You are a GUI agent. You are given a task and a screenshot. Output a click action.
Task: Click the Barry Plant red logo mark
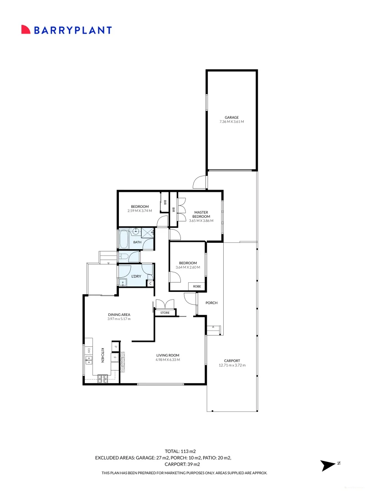pyautogui.click(x=26, y=30)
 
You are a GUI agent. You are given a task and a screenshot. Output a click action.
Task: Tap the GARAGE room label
pyautogui.click(x=231, y=117)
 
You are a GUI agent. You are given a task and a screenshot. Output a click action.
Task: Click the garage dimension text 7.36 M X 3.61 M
pyautogui.click(x=231, y=121)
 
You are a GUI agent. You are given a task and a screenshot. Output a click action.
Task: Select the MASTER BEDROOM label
pyautogui.click(x=201, y=214)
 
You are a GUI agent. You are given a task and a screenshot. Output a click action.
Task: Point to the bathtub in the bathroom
pyautogui.click(x=123, y=239)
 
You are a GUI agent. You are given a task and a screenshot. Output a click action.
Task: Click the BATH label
pyautogui.click(x=137, y=242)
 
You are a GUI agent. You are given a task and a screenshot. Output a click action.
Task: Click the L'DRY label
pyautogui.click(x=136, y=276)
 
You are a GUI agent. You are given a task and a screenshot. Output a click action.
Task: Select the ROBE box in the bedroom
pyautogui.click(x=197, y=286)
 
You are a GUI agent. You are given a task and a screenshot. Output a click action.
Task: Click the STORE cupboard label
pyautogui.click(x=165, y=312)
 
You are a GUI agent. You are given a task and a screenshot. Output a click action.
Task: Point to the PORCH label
pyautogui.click(x=211, y=303)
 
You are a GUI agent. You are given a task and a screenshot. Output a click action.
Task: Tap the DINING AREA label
pyautogui.click(x=119, y=315)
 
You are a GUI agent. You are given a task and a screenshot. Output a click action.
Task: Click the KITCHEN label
pyautogui.click(x=102, y=355)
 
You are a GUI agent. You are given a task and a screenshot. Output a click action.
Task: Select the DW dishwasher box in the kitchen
pyautogui.click(x=89, y=351)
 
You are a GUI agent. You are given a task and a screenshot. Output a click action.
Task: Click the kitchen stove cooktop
pyautogui.click(x=102, y=379)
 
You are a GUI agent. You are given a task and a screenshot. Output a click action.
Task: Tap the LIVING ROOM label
pyautogui.click(x=168, y=356)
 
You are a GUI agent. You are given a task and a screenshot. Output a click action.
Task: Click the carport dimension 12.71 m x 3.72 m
pyautogui.click(x=232, y=365)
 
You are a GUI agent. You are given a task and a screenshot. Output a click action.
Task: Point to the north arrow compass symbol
pyautogui.click(x=328, y=466)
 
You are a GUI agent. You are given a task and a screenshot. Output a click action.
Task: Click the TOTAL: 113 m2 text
pyautogui.click(x=180, y=451)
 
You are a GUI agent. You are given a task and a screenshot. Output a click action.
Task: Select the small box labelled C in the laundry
pyautogui.click(x=150, y=283)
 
